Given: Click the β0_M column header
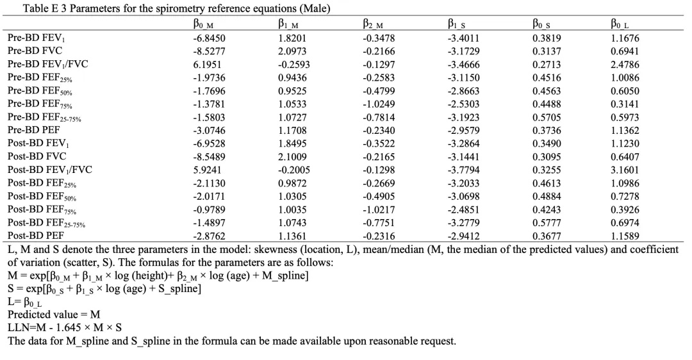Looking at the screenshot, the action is pos(203,24).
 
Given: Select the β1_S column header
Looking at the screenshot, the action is pos(456,24).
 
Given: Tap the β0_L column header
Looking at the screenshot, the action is pos(620,24).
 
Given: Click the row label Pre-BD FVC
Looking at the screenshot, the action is pos(35,51).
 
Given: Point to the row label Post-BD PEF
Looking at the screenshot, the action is pos(36,236).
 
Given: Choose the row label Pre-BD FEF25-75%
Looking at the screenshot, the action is pos(44,117).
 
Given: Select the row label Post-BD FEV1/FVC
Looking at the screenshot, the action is pos(50,170).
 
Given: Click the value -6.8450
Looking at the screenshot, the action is pos(209,38).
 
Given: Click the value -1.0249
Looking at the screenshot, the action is pos(379,104).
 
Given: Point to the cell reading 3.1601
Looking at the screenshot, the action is pos(625,170).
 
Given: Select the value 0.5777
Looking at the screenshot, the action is pos(547,223).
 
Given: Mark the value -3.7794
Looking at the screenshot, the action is pos(463,170).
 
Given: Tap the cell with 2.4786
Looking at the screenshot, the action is pos(625,65).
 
